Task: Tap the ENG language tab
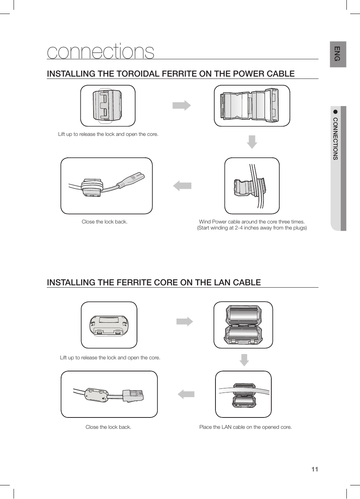coord(337,54)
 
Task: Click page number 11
coord(315,469)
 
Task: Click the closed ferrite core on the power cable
coord(92,187)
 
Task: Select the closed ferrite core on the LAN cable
coord(97,395)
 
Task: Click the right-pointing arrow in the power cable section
coord(182,105)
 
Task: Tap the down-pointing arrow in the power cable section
coord(252,142)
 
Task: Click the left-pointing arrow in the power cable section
coord(182,186)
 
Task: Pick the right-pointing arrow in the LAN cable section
coord(185,322)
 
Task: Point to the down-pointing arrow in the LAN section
coord(244,360)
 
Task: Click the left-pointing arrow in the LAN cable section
coord(186,394)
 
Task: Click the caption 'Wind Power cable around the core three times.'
coord(252,222)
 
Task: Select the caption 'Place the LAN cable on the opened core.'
coord(245,427)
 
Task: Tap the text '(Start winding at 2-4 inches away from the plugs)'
coord(252,228)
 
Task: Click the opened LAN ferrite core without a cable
coord(243,325)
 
